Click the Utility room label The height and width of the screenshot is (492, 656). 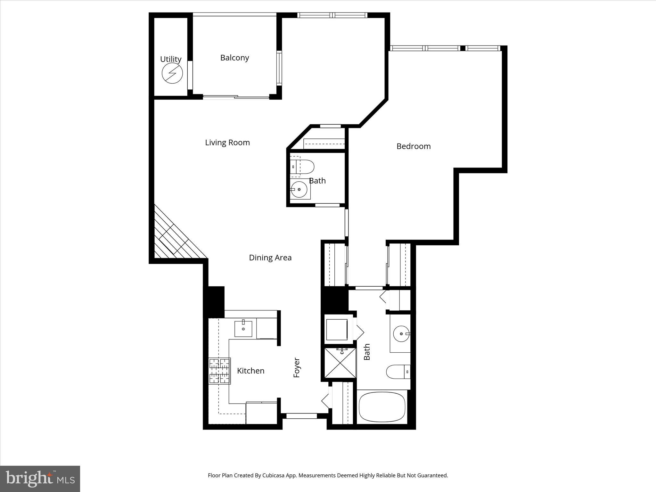tap(170, 59)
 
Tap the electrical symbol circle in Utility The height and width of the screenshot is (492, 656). tap(172, 73)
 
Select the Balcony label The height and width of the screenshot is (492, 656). tap(234, 58)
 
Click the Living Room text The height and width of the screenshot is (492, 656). tap(227, 143)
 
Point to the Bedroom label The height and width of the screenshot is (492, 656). tap(413, 146)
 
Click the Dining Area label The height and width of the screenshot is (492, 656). tap(270, 258)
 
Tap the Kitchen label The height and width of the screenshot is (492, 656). tap(250, 371)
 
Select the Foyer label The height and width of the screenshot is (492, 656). tap(297, 367)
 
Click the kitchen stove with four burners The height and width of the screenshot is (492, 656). tap(219, 371)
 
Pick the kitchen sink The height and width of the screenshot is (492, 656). tap(243, 329)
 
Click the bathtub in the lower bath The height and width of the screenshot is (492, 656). tap(382, 407)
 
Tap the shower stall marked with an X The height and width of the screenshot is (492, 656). tap(340, 364)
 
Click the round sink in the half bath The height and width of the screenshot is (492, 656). tap(299, 189)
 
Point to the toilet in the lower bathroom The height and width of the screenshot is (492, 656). tap(398, 372)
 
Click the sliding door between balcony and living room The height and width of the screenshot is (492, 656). tap(236, 97)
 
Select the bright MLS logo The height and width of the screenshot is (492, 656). tap(40, 479)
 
